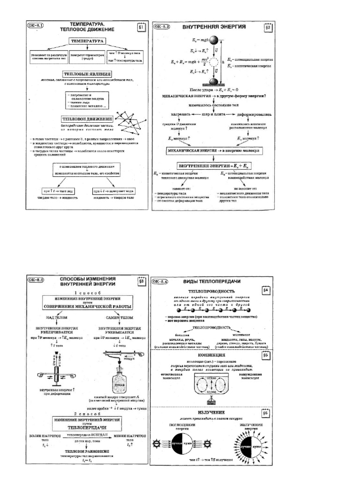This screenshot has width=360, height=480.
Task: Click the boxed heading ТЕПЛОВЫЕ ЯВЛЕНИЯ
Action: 87,74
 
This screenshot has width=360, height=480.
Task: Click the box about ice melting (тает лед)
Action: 65,191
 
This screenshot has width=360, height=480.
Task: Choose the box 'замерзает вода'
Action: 111,191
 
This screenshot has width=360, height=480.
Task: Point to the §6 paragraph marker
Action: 265,413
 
